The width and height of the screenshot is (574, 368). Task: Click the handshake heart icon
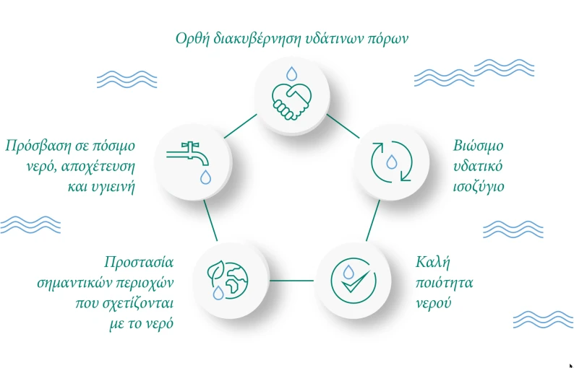click(x=291, y=101)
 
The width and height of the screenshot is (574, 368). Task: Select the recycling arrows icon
click(x=391, y=161)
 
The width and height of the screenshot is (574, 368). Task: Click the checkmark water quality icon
click(x=353, y=281)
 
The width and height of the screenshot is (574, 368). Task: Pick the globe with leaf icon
click(x=227, y=280)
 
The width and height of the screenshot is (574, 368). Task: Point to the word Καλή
click(x=433, y=262)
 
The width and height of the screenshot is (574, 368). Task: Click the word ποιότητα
click(x=445, y=283)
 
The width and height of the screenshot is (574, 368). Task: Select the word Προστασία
click(x=139, y=262)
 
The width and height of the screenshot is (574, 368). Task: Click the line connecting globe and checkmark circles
click(x=291, y=281)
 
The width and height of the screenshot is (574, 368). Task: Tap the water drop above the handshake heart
click(x=291, y=74)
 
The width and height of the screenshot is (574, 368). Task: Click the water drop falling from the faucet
click(x=205, y=177)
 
